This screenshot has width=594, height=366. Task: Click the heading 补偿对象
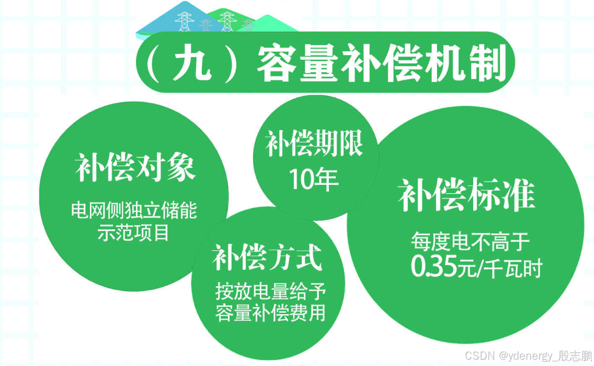[x=135, y=169]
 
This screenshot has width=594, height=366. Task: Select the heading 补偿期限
[x=314, y=143]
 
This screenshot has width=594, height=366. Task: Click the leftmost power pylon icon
[x=184, y=21]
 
